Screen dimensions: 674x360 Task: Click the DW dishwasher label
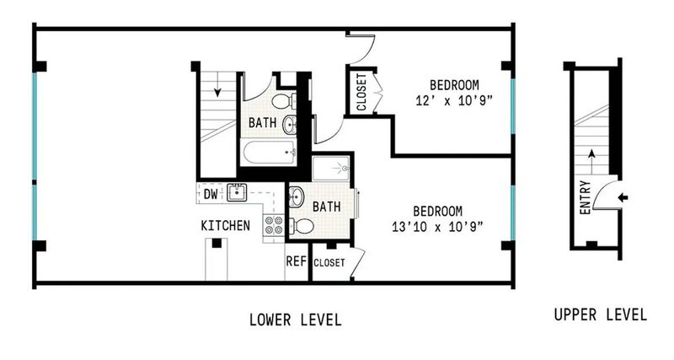(211, 194)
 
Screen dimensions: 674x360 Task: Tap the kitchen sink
(237, 192)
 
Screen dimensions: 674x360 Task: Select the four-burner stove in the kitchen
(274, 225)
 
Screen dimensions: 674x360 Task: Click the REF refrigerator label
(297, 261)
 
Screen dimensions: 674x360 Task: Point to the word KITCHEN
(225, 225)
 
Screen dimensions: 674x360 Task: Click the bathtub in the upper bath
(270, 152)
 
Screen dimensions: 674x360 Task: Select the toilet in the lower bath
(302, 225)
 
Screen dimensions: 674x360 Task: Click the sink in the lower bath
(296, 197)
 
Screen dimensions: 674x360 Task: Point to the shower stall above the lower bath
(331, 168)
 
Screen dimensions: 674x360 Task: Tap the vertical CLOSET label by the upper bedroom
(361, 92)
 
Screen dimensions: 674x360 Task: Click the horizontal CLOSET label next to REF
(329, 262)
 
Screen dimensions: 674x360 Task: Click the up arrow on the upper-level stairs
(592, 162)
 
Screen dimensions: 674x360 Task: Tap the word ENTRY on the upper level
(586, 197)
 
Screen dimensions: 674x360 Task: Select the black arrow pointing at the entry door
(623, 197)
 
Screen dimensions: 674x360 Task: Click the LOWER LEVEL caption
(296, 320)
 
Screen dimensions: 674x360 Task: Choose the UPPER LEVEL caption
(601, 314)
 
